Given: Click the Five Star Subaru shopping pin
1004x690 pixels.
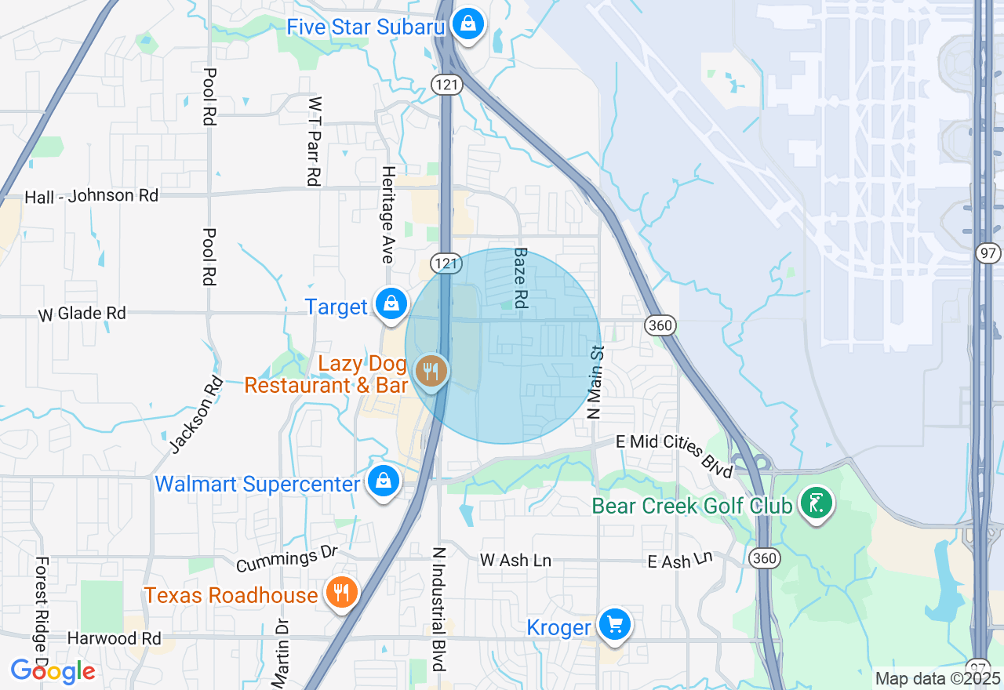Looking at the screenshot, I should [468, 24].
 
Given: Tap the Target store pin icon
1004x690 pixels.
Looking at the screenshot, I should [390, 303].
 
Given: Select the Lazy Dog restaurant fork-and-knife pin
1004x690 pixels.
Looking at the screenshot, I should [430, 370].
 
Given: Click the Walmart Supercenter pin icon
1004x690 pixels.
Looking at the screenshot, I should [384, 481].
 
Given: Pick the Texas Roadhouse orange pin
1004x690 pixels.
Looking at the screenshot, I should [340, 591].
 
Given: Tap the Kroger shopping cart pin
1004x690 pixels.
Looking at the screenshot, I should [614, 624].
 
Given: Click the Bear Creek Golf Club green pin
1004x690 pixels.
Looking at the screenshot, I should [816, 502].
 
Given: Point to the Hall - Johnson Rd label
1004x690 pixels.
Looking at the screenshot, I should [92, 196].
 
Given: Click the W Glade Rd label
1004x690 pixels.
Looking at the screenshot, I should [82, 314].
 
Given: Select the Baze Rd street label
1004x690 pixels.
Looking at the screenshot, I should [520, 278].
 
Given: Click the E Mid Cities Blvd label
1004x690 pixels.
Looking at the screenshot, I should [674, 452].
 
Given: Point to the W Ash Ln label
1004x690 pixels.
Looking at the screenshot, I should [515, 560].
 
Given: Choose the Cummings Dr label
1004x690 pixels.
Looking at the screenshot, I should [286, 557].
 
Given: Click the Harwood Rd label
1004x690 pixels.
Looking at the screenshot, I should [114, 638].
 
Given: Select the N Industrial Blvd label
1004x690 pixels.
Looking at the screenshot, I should [439, 608].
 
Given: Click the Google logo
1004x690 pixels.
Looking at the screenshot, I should [53, 671].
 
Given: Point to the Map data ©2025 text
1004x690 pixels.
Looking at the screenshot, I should [938, 679].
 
